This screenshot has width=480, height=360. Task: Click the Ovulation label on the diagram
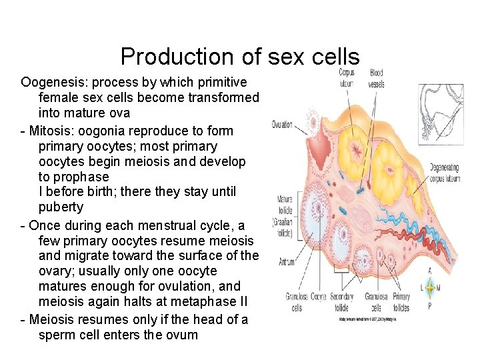pos(281,125)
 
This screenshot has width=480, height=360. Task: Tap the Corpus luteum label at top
pos(346,77)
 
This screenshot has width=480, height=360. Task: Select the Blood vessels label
pos(376,78)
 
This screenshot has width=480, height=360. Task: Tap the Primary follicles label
pos(401,301)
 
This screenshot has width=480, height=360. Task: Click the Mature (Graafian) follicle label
pos(285,207)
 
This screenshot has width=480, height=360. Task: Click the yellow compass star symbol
pos(430,289)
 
